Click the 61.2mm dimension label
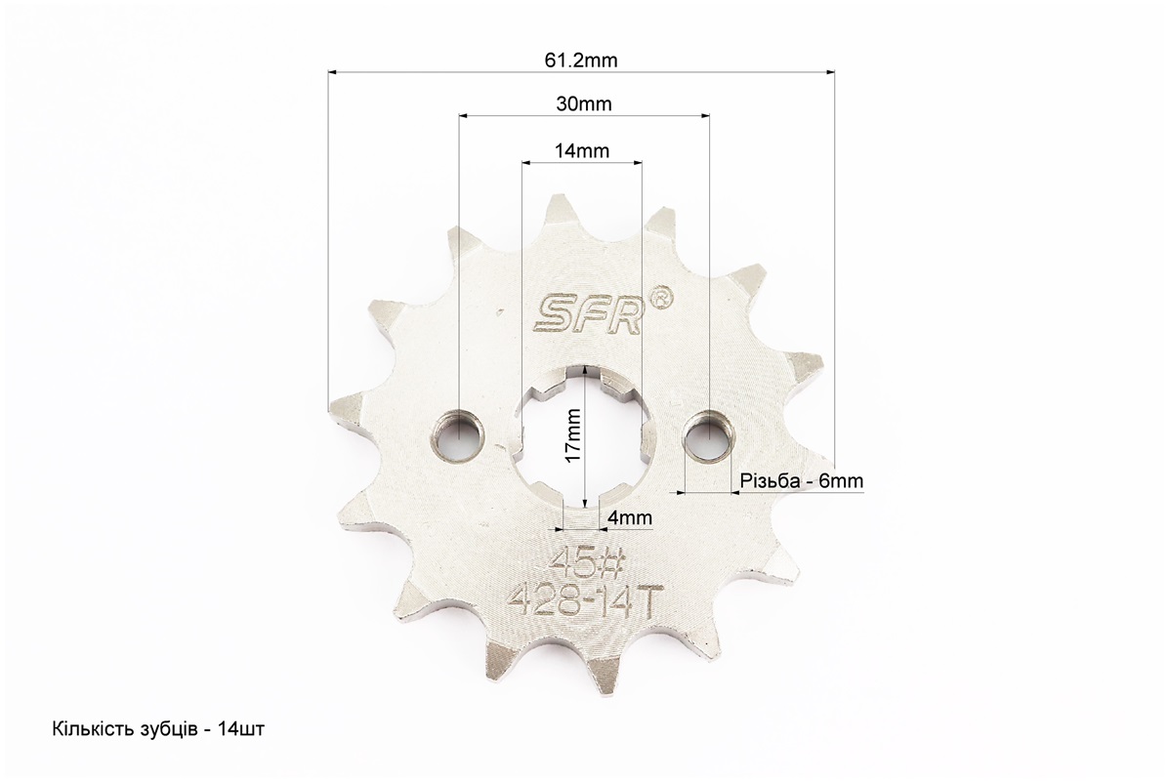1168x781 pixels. pos(581,60)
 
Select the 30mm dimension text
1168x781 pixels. pos(584,104)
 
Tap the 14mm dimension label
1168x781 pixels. pos(582,151)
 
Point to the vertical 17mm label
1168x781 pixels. pos(572,435)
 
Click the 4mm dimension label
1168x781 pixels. pos(630,517)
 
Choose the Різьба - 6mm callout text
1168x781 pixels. pos(802,481)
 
